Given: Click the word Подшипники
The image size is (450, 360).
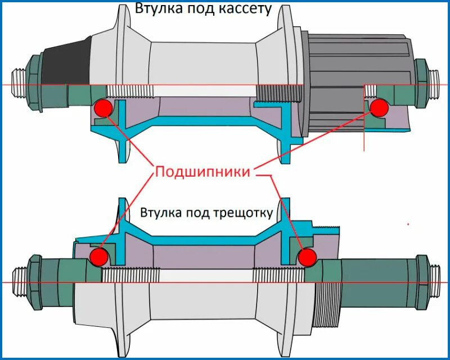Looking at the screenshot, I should (202, 172).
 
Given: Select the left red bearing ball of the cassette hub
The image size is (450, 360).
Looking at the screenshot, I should (103, 107).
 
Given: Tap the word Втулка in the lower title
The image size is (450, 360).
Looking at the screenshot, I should (159, 213).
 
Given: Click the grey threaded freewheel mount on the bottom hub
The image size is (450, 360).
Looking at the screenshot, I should (327, 298).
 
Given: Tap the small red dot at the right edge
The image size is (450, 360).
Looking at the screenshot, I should (408, 224).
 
